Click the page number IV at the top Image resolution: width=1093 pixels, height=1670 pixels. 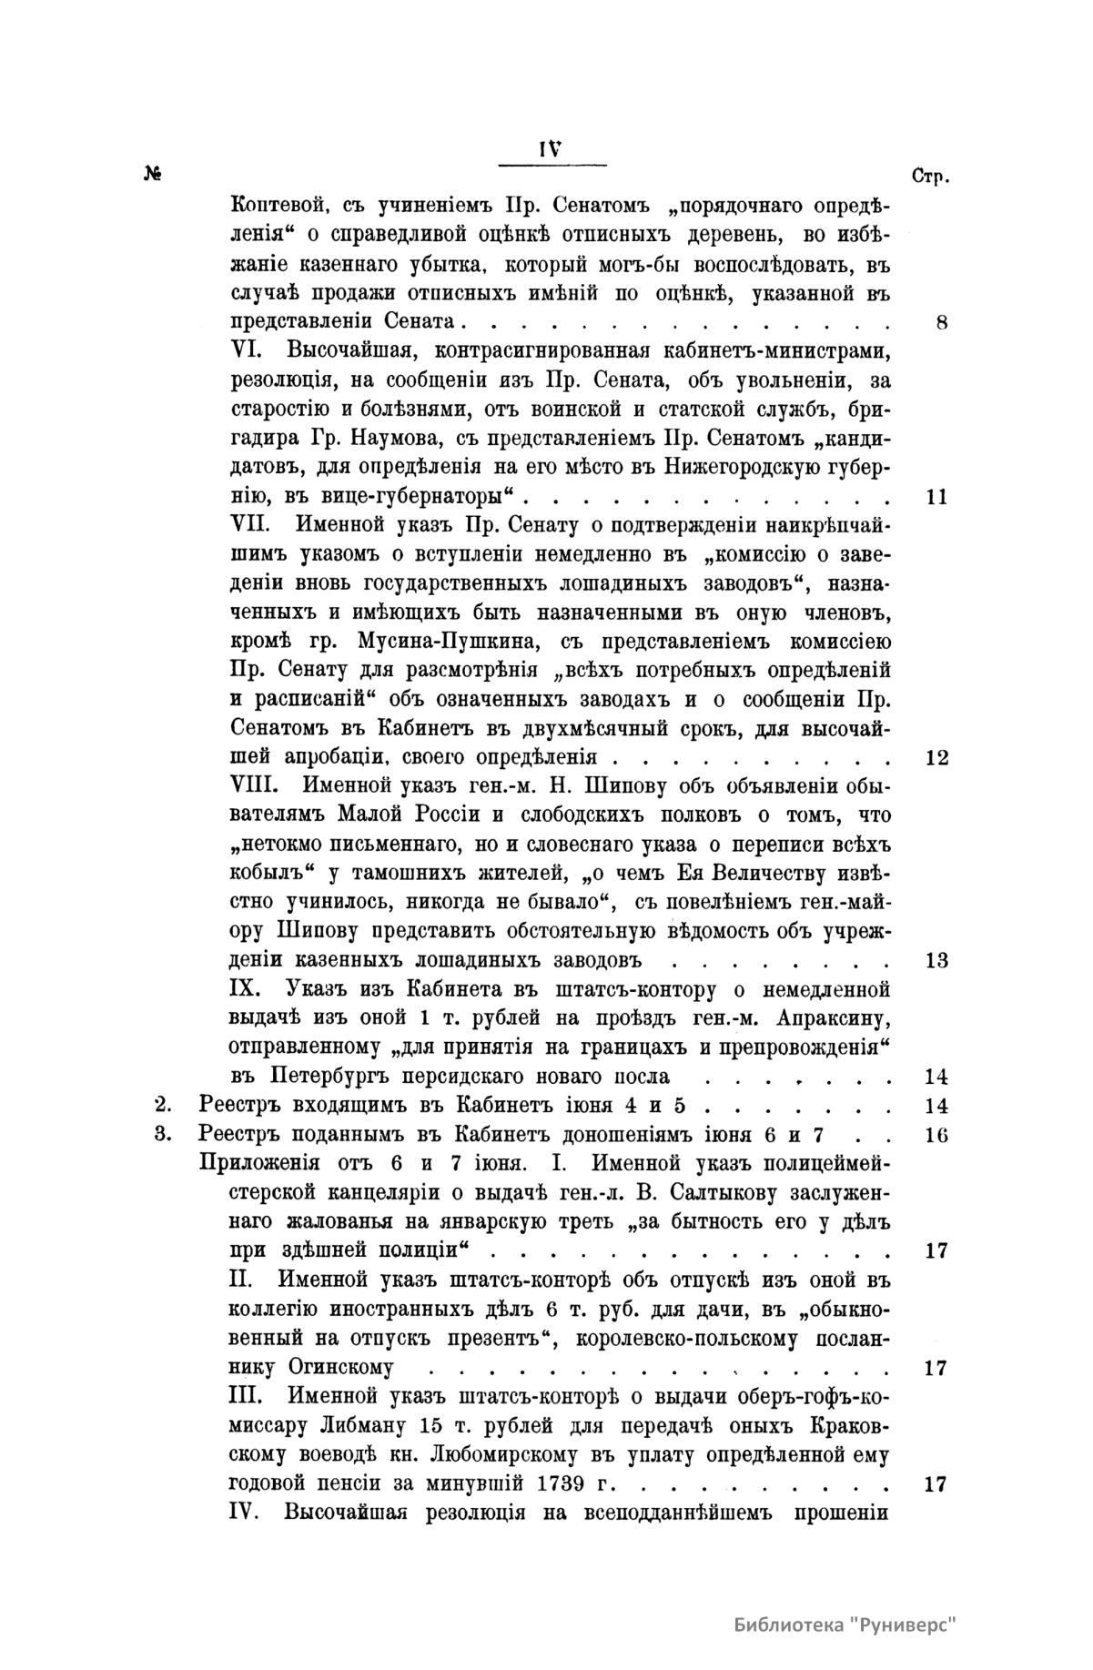click(x=552, y=150)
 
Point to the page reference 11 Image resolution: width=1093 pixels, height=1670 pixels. click(x=936, y=497)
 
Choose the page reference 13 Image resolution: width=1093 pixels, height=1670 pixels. click(x=936, y=960)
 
